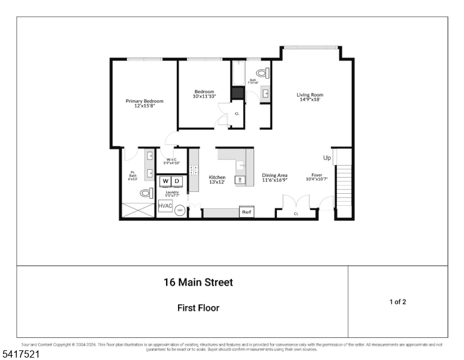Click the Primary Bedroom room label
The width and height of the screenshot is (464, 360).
[144, 103]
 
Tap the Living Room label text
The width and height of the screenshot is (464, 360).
[309, 97]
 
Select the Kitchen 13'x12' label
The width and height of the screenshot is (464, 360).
[217, 179]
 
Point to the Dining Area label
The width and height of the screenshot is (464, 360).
[275, 178]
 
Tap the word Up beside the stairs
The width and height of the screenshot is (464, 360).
[327, 158]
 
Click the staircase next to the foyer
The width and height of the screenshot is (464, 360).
[344, 185]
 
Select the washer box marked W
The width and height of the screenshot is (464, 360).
[165, 181]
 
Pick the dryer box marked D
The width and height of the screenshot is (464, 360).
[177, 181]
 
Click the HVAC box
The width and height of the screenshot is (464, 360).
[165, 206]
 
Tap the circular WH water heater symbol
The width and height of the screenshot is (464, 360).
[180, 211]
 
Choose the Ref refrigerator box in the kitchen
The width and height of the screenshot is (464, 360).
[246, 212]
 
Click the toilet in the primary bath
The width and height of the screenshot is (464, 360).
[145, 193]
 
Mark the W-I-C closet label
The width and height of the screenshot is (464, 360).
[171, 161]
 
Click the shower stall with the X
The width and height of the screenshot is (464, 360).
[138, 211]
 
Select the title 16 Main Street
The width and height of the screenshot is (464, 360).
[198, 282]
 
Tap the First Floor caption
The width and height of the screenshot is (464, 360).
[198, 308]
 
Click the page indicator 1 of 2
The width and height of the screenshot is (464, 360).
[397, 302]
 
